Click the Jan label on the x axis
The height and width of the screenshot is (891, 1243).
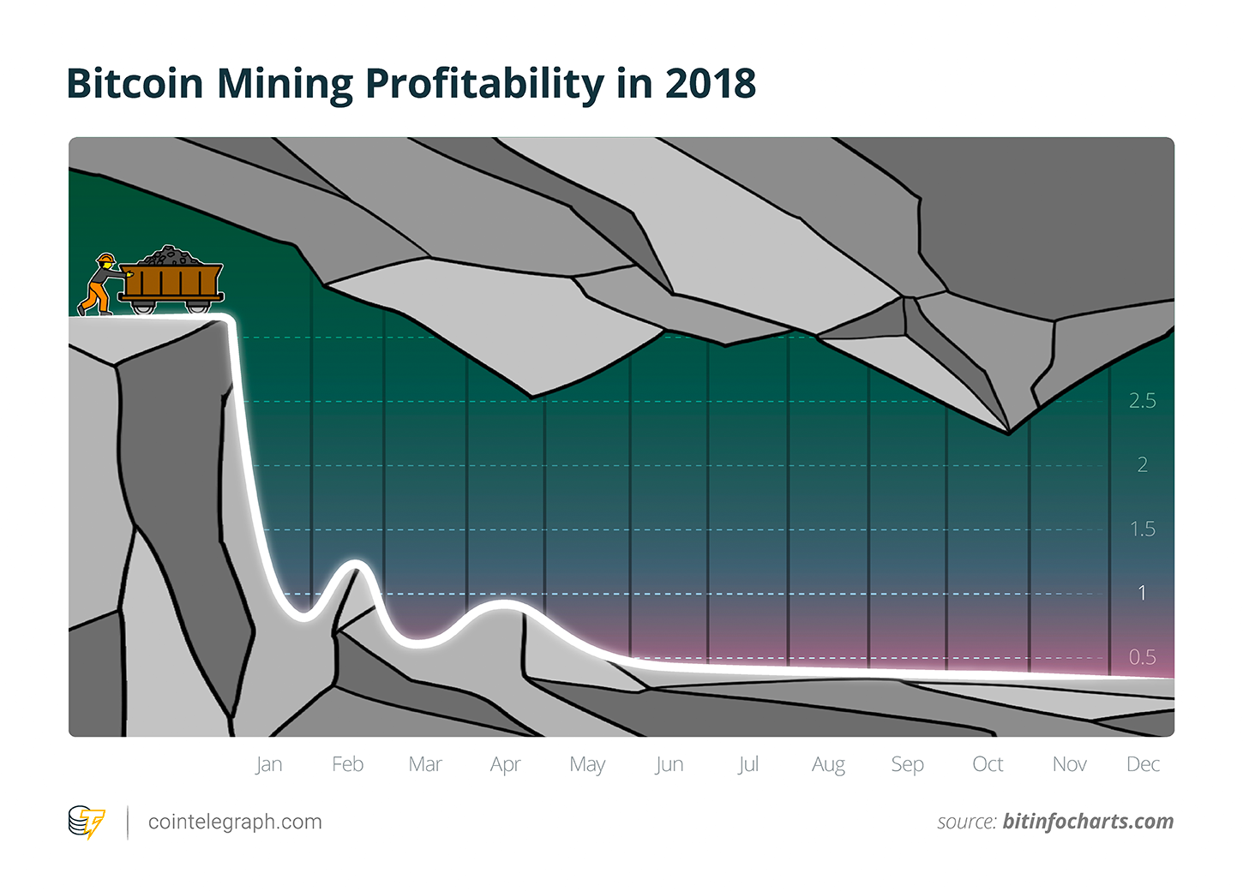[268, 764]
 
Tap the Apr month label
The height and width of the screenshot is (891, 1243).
[505, 764]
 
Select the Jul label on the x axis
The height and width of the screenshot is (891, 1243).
[748, 764]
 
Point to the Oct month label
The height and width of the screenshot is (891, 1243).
[988, 764]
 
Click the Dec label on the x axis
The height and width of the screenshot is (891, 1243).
[1143, 764]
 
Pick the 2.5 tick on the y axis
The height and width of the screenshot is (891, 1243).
[1142, 401]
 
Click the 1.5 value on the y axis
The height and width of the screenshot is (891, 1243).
[1142, 529]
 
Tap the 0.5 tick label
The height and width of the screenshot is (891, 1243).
[1142, 657]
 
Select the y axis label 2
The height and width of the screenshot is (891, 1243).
[1142, 465]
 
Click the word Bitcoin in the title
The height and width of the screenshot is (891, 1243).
[135, 84]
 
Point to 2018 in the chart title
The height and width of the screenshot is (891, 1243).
[711, 84]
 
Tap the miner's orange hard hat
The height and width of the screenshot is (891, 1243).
[105, 257]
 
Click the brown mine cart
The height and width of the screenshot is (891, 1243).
[171, 281]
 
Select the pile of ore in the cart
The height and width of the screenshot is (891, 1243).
[171, 255]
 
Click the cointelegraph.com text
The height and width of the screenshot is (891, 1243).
[235, 822]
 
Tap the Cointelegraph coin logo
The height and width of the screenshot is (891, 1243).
[86, 822]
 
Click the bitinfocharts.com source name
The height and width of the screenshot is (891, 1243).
[1088, 822]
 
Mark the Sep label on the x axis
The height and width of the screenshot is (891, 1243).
[907, 764]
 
